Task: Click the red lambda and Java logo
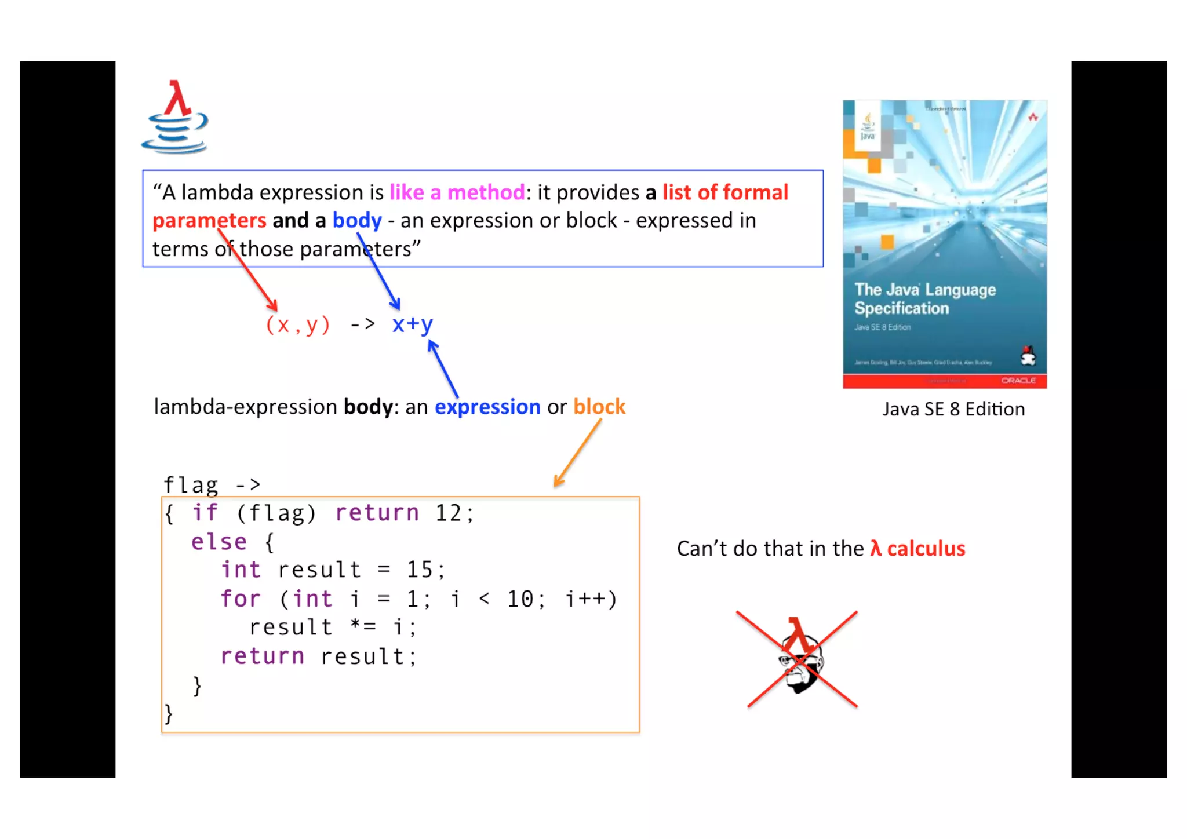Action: (175, 118)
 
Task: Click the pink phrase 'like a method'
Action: (457, 192)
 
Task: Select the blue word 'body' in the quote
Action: (357, 221)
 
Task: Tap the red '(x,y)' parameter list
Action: (298, 324)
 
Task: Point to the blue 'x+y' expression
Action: (412, 324)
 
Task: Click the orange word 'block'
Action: (599, 407)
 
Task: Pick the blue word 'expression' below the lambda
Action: (487, 407)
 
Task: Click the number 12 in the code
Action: (448, 513)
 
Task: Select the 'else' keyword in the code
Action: (219, 542)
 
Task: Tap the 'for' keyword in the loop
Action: (240, 599)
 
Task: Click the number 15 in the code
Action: (419, 570)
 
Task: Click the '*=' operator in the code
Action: (363, 627)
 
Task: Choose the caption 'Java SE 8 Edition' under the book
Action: (953, 410)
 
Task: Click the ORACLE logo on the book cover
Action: (1018, 381)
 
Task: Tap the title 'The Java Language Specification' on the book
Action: (925, 299)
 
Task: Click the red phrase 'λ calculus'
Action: (917, 549)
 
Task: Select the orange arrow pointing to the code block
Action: (578, 453)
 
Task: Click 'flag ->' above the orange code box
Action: (212, 484)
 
